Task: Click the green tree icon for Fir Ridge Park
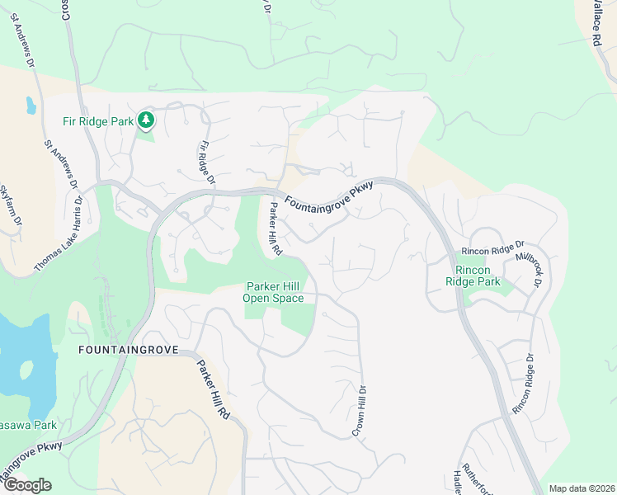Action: tap(146, 121)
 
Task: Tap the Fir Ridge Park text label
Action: tap(98, 121)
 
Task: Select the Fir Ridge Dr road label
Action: tap(206, 163)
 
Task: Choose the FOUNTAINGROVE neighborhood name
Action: tap(125, 351)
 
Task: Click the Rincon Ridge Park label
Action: tap(472, 276)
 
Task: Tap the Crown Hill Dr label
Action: tap(360, 410)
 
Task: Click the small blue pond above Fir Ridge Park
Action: tap(31, 106)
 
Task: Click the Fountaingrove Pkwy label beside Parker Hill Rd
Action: tap(329, 196)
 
